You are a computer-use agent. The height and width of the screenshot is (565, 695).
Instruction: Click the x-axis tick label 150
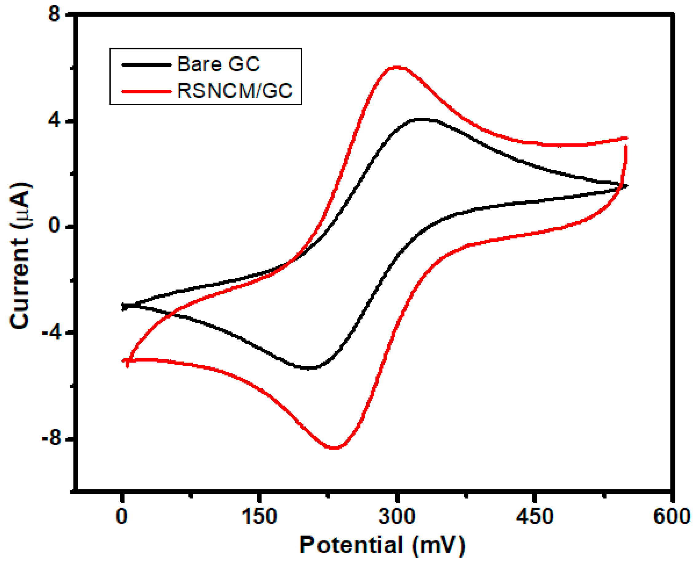tap(259, 516)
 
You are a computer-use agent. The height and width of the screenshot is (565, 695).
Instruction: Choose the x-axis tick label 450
tap(534, 516)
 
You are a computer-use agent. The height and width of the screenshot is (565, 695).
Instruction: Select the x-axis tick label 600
tap(671, 516)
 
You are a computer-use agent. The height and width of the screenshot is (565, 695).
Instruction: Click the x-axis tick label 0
tap(122, 516)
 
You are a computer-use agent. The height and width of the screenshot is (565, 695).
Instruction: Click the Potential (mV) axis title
tap(382, 545)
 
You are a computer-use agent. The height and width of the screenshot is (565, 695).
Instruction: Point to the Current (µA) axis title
tap(20, 256)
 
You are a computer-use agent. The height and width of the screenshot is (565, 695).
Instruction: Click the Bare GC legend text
tap(218, 64)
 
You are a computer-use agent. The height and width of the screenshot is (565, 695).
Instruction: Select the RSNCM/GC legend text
tap(235, 91)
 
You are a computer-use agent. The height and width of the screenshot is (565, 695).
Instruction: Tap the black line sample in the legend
tap(147, 65)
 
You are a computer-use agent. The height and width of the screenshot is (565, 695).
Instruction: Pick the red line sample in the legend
tap(147, 92)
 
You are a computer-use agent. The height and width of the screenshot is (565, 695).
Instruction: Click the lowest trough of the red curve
tap(335, 448)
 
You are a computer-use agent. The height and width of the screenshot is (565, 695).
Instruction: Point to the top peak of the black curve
tap(422, 120)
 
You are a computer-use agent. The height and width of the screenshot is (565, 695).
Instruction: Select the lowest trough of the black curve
tap(308, 368)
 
